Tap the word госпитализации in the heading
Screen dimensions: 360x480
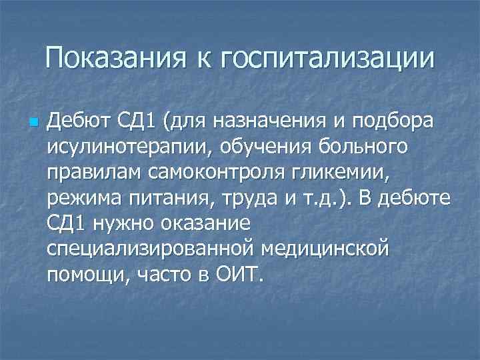331,59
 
